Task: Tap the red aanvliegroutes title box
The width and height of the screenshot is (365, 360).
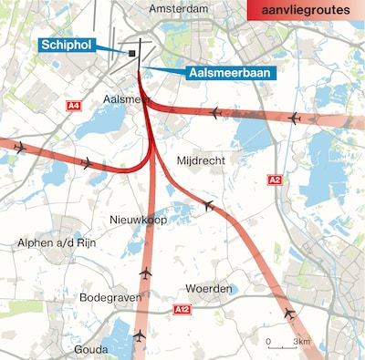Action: [307, 10]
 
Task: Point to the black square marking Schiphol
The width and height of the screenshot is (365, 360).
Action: [132, 54]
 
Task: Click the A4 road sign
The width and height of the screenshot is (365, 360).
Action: [74, 107]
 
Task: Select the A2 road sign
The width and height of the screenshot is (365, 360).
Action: [275, 180]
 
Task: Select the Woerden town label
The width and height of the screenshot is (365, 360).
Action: [209, 289]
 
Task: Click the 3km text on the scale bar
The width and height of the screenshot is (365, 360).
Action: [302, 342]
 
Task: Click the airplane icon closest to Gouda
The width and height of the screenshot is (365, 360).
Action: [139, 336]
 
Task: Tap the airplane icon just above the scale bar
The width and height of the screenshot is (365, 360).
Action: [289, 314]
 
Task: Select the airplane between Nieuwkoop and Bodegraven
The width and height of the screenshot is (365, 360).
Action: [145, 273]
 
